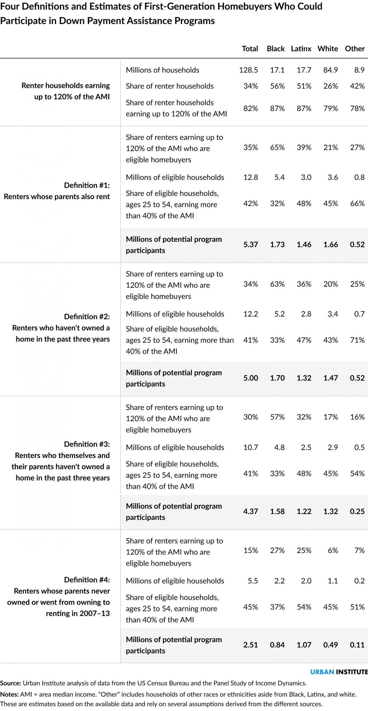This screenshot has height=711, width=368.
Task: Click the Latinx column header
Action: pos(301,49)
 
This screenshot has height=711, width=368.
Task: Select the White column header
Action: pos(328,49)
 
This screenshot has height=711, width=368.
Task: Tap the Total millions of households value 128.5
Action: pos(248,70)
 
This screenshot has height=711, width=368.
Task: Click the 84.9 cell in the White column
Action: pos(331,70)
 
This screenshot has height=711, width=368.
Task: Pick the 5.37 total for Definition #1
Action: pos(251,244)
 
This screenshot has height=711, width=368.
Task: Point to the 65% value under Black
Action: pos(277,147)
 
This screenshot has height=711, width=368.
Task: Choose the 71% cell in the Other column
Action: pos(357,340)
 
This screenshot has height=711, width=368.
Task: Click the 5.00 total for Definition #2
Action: pos(251,378)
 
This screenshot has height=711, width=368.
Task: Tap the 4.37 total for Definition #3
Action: pos(251,511)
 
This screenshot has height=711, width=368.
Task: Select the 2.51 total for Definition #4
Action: pos(251,645)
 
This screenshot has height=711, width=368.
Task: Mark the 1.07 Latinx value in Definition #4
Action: pos(304,645)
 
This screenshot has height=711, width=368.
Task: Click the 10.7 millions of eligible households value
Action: pos(251,447)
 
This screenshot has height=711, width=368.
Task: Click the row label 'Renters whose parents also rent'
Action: pos(57,197)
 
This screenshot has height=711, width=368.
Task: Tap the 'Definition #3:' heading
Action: pos(87,444)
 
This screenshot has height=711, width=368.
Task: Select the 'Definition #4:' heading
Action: pos(87,580)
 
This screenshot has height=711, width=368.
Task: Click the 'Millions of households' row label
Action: pos(162,70)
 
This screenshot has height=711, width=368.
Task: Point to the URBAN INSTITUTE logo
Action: pos(339,672)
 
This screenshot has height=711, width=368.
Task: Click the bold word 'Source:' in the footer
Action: pos(11,683)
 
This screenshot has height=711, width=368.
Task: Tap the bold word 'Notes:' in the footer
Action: pos(9,694)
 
